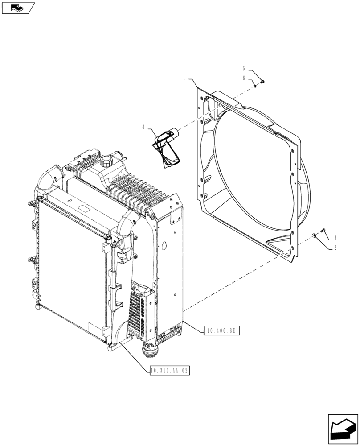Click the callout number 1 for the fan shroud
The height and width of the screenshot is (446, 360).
coord(184,78)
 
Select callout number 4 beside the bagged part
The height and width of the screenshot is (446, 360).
coord(143,128)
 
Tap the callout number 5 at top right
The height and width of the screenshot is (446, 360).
coord(244,68)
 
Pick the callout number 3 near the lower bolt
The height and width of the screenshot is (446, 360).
coord(335,238)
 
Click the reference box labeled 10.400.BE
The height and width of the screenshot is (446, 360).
coord(222,330)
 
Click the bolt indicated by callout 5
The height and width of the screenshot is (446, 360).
coord(262,81)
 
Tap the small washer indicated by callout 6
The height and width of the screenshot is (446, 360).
coord(254,85)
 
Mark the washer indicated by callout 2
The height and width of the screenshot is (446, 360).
coord(316,235)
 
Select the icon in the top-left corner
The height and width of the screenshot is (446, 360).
coord(17,8)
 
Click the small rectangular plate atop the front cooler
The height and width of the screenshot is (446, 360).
coord(83,208)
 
